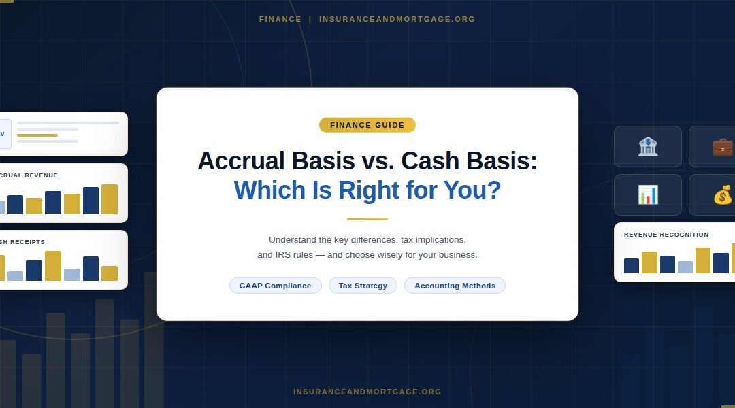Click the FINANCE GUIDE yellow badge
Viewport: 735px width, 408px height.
coord(367,125)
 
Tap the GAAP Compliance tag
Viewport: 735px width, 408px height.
coord(275,286)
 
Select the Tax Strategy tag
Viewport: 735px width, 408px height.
coord(363,286)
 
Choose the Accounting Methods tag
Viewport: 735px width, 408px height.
coord(455,286)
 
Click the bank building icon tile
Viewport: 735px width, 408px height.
coord(647,146)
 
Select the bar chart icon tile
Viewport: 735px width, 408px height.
coord(647,194)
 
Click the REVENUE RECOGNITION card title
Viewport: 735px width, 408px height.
coord(666,235)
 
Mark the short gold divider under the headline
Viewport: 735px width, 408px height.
coord(367,219)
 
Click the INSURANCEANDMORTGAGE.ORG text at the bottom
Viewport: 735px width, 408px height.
coord(367,392)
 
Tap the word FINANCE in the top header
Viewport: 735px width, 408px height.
coord(280,19)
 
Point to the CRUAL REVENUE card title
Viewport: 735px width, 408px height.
coord(29,175)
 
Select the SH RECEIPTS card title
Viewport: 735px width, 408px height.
coord(22,242)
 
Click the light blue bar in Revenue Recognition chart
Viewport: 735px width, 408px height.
coord(685,267)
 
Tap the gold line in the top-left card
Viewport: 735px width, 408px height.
coord(37,135)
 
